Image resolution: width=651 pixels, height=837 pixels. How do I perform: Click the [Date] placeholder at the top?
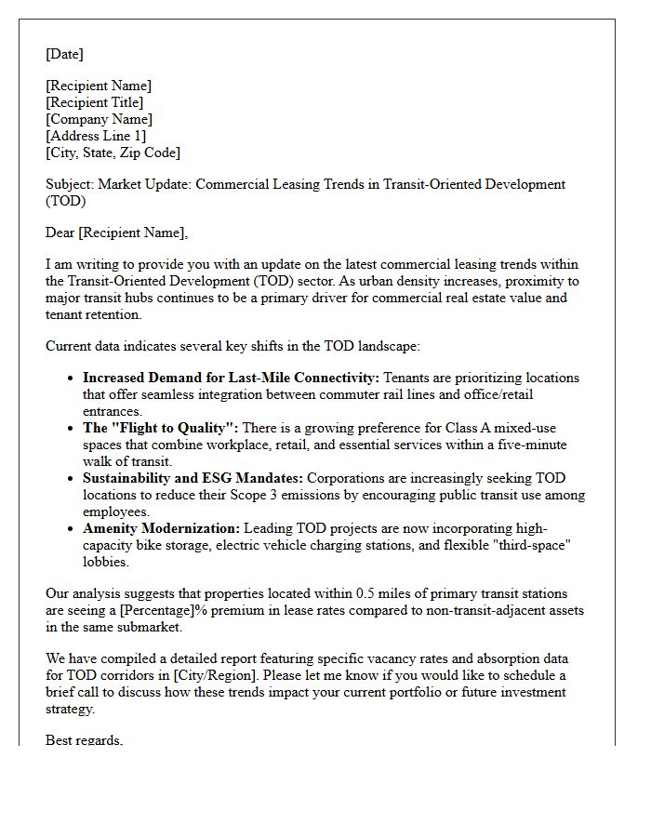pyautogui.click(x=64, y=54)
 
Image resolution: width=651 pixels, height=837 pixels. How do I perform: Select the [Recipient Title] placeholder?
pyautogui.click(x=95, y=102)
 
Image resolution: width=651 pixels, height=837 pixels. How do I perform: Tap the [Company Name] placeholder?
pyautogui.click(x=100, y=119)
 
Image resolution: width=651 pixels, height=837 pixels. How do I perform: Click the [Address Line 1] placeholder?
pyautogui.click(x=96, y=136)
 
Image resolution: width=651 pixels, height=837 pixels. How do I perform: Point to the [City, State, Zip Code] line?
pyautogui.click(x=113, y=153)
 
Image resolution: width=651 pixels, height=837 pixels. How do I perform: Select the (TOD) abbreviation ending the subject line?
pyautogui.click(x=65, y=201)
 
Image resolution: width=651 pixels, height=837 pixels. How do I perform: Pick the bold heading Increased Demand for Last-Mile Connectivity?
pyautogui.click(x=231, y=378)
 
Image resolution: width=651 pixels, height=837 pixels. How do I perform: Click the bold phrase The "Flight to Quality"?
pyautogui.click(x=161, y=428)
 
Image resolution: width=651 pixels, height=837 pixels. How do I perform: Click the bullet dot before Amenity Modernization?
pyautogui.click(x=72, y=528)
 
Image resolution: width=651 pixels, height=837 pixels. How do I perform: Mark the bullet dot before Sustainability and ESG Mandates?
pyautogui.click(x=72, y=478)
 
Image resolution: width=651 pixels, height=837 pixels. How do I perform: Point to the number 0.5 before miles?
pyautogui.click(x=367, y=593)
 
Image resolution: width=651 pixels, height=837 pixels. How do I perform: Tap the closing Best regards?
pyautogui.click(x=84, y=740)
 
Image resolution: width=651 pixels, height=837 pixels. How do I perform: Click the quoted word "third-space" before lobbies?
pyautogui.click(x=536, y=545)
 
